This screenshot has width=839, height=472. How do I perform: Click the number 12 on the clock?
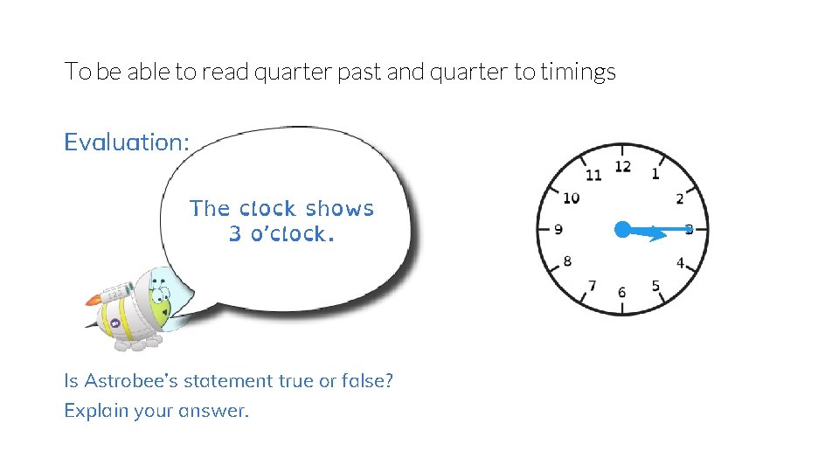[622, 166]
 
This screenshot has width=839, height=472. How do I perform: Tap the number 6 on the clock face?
[621, 292]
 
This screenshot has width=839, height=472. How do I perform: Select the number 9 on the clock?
[558, 230]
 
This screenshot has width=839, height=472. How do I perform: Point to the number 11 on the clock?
[593, 175]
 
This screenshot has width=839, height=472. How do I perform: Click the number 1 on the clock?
[655, 174]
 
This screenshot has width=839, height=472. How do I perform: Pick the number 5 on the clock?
[655, 285]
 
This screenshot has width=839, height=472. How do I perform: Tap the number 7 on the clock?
[593, 285]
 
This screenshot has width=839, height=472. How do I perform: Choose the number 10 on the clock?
[571, 198]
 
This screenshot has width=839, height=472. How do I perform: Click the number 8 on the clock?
[568, 261]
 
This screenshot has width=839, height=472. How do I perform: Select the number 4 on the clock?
[680, 262]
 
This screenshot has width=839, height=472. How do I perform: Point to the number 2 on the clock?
[680, 200]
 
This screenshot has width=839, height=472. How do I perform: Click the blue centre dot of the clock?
[621, 230]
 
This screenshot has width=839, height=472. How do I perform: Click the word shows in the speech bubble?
[340, 209]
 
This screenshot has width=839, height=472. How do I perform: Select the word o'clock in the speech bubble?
[292, 234]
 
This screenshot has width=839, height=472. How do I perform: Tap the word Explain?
[95, 410]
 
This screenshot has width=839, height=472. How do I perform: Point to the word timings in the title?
[578, 72]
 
